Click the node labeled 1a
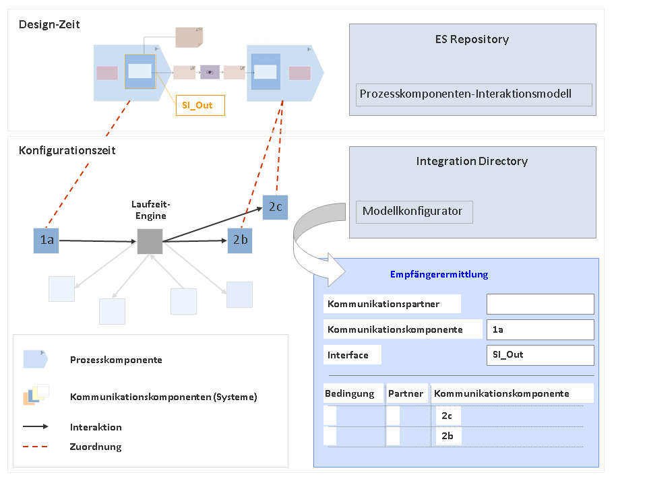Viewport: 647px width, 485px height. tap(46, 240)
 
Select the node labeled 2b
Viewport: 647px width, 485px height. tap(239, 240)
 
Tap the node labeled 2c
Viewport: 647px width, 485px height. tap(275, 206)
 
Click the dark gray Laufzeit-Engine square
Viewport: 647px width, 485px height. tap(150, 241)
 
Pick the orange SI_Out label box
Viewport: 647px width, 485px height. tap(199, 105)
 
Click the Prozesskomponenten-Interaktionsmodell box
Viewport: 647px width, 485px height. tap(473, 94)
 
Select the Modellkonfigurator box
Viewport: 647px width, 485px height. tap(414, 212)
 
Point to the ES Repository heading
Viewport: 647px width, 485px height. tap(472, 39)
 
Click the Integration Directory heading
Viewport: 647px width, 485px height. tap(472, 161)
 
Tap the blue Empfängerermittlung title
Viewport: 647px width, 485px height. tap(439, 274)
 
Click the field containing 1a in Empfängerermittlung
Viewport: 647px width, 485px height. tap(540, 329)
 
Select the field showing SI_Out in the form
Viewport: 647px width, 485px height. tap(540, 355)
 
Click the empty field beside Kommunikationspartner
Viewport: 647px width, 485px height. tap(540, 304)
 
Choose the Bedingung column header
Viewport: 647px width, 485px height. tap(350, 393)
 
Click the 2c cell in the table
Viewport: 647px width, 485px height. tap(447, 416)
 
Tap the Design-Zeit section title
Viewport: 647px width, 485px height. tap(49, 25)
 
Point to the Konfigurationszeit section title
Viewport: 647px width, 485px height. tap(67, 150)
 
